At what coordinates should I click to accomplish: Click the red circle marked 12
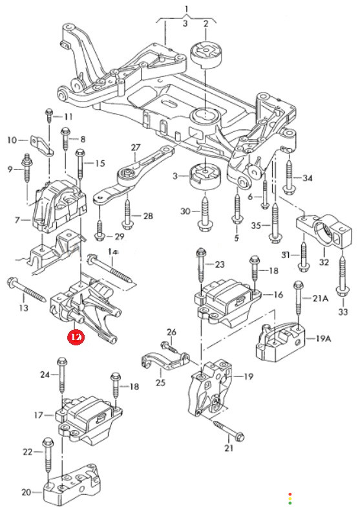(x=76, y=337)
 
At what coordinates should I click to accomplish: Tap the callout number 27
(x=136, y=147)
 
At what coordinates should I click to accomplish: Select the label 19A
(x=323, y=338)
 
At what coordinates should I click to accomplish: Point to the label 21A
(x=320, y=298)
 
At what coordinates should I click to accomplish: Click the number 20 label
(x=26, y=492)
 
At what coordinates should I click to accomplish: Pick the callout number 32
(x=324, y=262)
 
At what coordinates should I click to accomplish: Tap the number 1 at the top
(x=187, y=9)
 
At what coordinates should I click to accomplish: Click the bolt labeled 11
(x=49, y=116)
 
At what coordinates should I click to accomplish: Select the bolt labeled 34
(x=288, y=175)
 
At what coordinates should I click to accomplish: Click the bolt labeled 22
(x=48, y=459)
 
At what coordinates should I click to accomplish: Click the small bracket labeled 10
(x=42, y=146)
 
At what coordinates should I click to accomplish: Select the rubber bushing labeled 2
(x=205, y=54)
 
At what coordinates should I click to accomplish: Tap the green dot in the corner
(x=290, y=503)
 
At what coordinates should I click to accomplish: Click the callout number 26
(x=171, y=332)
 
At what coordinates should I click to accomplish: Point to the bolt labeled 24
(x=61, y=376)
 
